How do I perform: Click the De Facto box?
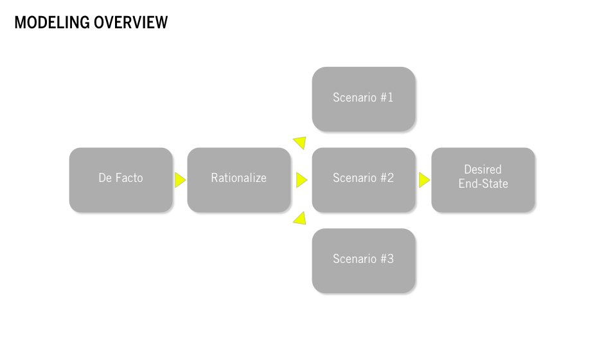[x=121, y=180]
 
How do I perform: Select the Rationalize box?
[x=239, y=180]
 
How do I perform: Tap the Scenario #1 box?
[x=363, y=99]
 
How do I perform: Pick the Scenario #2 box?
[x=363, y=180]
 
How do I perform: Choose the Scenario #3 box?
[x=363, y=260]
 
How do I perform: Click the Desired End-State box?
[x=483, y=180]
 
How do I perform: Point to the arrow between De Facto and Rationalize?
[x=180, y=180]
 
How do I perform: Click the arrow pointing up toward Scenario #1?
[x=299, y=143]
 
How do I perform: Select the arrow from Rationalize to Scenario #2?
[x=301, y=180]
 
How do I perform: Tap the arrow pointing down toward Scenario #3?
[x=299, y=219]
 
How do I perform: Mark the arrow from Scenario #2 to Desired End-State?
[x=423, y=180]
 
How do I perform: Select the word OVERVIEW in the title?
[x=130, y=22]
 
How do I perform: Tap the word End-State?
[x=483, y=184]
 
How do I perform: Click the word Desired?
[x=483, y=170]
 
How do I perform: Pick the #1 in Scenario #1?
[x=386, y=98]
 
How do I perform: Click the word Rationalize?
[x=239, y=178]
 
